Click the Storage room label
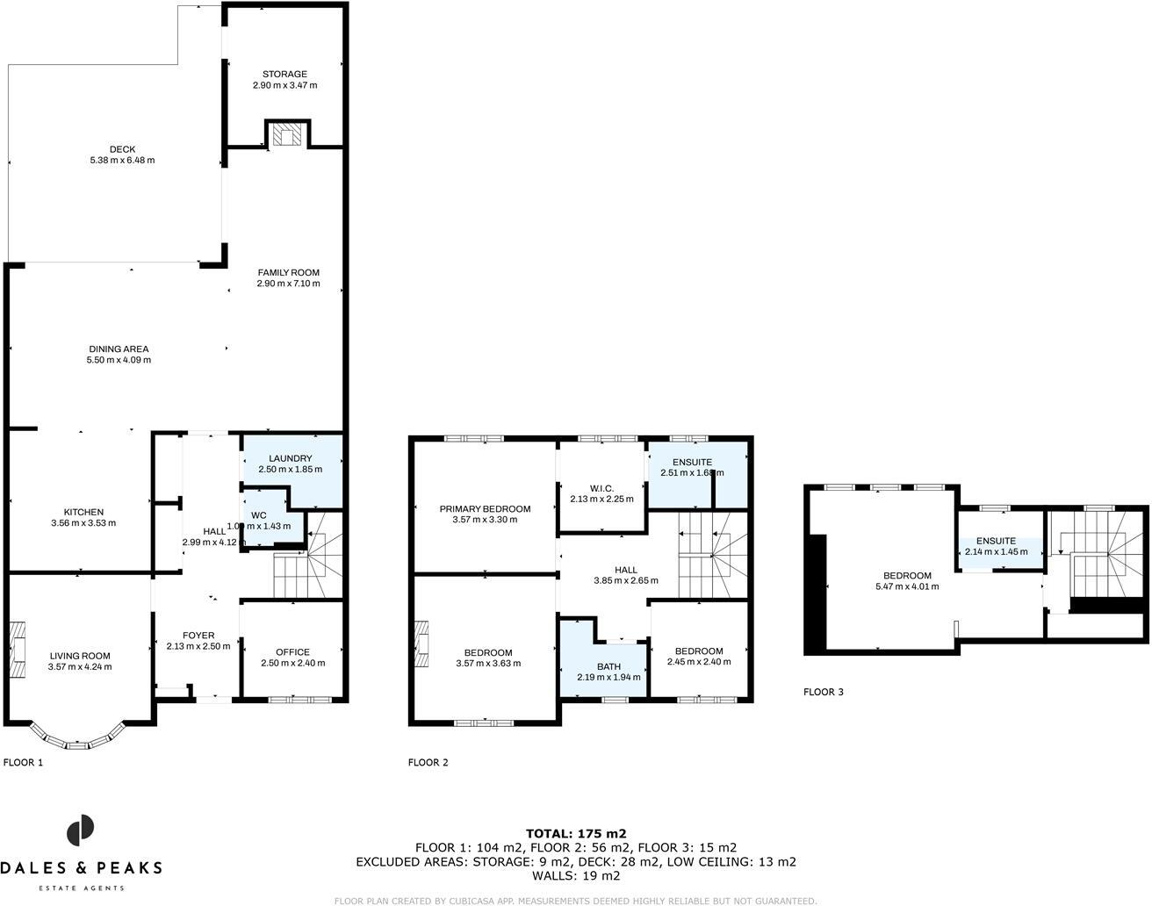(x=284, y=75)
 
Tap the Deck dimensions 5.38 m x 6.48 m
(x=122, y=161)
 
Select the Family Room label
(x=288, y=272)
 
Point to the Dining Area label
(x=118, y=349)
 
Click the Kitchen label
(x=83, y=512)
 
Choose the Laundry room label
(x=290, y=458)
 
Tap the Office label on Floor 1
(x=292, y=651)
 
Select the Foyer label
(x=198, y=636)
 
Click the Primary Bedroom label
(x=485, y=508)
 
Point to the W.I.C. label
(x=601, y=488)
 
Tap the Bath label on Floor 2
(x=608, y=666)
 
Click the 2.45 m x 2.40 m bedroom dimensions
(x=699, y=662)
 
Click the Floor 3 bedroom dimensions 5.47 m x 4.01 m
(x=907, y=586)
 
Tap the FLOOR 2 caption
(x=428, y=763)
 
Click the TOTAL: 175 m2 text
(x=575, y=833)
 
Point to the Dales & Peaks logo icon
(x=81, y=830)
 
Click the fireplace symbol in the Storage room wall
(x=286, y=134)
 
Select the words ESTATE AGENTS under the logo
(x=81, y=888)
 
